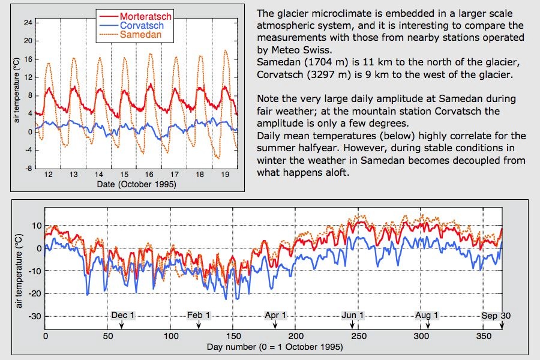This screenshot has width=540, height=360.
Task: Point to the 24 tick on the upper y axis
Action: (28, 22)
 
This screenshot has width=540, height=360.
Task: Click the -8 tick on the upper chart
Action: (29, 169)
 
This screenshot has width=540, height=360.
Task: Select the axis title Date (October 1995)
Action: (137, 184)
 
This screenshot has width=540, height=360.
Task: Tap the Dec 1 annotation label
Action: (123, 315)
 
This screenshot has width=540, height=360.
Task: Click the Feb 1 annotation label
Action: (199, 315)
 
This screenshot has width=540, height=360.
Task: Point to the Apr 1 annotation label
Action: (275, 315)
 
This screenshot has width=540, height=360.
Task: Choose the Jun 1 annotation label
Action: (353, 315)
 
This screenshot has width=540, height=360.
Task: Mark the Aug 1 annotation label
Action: (427, 315)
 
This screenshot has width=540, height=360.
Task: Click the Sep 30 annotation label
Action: (496, 315)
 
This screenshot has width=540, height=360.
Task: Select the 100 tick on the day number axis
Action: (171, 336)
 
